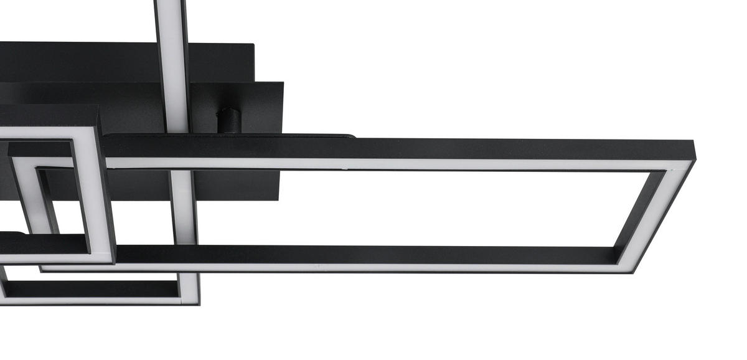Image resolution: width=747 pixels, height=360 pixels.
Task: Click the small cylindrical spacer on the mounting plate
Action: click(228, 120)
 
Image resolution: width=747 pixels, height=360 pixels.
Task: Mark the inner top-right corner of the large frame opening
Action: click(665, 171)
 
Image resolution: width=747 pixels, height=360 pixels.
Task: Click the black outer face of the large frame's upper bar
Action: click(398, 148)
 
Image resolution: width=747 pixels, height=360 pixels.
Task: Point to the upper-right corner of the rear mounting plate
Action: click(253, 44)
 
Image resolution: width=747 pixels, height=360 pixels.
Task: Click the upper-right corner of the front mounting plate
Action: click(283, 83)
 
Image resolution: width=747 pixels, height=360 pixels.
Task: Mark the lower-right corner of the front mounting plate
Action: click(280, 199)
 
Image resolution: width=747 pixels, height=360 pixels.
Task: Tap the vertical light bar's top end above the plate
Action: click(169, 12)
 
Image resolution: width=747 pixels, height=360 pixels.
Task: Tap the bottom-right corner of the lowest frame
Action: click(198, 303)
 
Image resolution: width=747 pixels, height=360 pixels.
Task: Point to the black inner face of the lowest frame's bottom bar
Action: click(93, 288)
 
